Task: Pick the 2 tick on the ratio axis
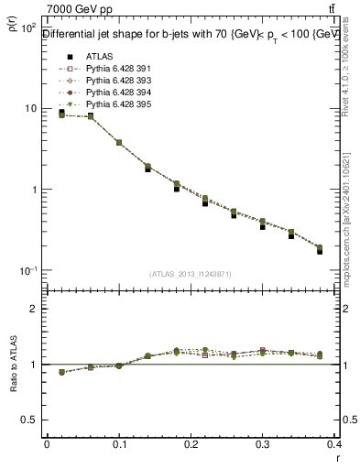(32, 309)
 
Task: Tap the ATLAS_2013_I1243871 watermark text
(191, 274)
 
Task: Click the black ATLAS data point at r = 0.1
(119, 143)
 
